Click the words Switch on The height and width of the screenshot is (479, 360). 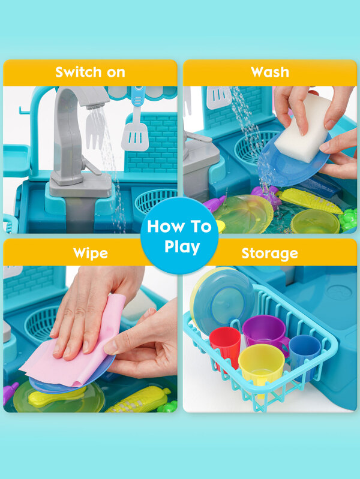tap(90, 73)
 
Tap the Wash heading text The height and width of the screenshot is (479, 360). tap(269, 73)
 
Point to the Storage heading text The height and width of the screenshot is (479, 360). tap(269, 253)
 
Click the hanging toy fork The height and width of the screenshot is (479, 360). tap(95, 129)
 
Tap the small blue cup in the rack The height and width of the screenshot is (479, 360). tap(305, 351)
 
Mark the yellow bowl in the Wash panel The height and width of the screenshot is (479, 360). tap(315, 222)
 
